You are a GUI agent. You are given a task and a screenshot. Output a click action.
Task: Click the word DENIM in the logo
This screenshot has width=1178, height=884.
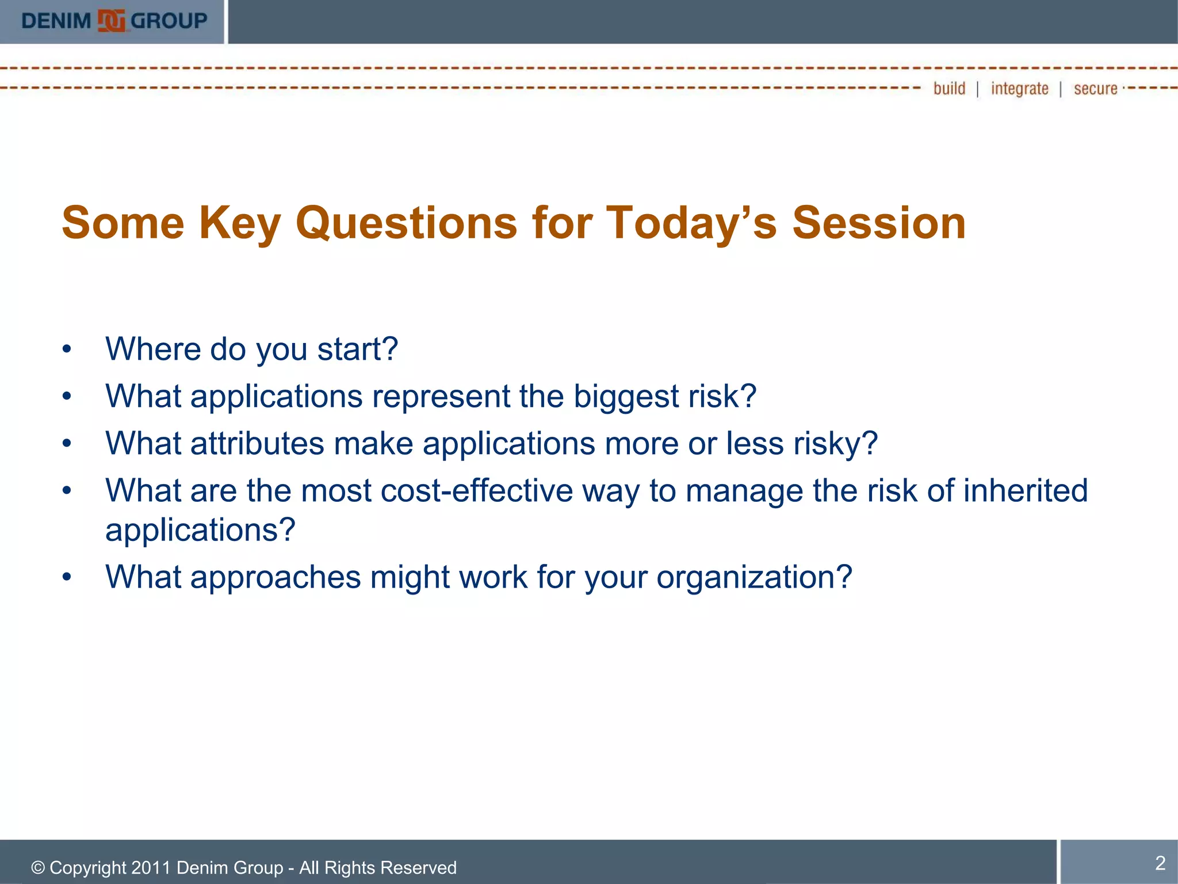tap(56, 21)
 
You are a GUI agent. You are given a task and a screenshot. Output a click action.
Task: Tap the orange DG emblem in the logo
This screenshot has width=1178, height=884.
tap(112, 21)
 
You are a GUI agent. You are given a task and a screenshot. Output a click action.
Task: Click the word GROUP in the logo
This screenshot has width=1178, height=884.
tap(169, 21)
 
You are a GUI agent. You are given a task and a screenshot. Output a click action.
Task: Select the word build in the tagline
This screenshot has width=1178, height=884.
tap(949, 89)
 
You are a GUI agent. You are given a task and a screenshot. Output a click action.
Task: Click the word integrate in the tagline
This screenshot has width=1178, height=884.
tap(1019, 89)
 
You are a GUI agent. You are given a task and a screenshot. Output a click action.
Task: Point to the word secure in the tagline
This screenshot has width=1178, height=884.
tap(1095, 89)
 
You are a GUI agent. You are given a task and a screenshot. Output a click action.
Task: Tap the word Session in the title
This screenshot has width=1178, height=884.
tap(879, 223)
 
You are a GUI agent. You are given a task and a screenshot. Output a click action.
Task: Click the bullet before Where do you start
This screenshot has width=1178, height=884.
tap(67, 349)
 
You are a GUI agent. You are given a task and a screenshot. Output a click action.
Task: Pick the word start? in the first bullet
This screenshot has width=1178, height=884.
tap(357, 349)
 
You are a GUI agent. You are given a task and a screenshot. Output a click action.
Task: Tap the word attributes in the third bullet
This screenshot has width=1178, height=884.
tap(257, 444)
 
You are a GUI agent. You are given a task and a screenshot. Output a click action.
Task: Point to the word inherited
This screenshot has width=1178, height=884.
tap(1025, 491)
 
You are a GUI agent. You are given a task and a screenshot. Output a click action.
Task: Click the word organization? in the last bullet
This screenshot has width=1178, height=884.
tap(754, 577)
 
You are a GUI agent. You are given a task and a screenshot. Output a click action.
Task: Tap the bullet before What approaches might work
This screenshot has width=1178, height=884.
tap(67, 577)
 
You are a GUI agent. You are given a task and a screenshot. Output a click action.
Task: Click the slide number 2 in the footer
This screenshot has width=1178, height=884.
tap(1160, 863)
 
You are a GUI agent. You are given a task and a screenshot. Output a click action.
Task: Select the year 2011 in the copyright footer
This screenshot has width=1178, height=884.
tap(151, 867)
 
